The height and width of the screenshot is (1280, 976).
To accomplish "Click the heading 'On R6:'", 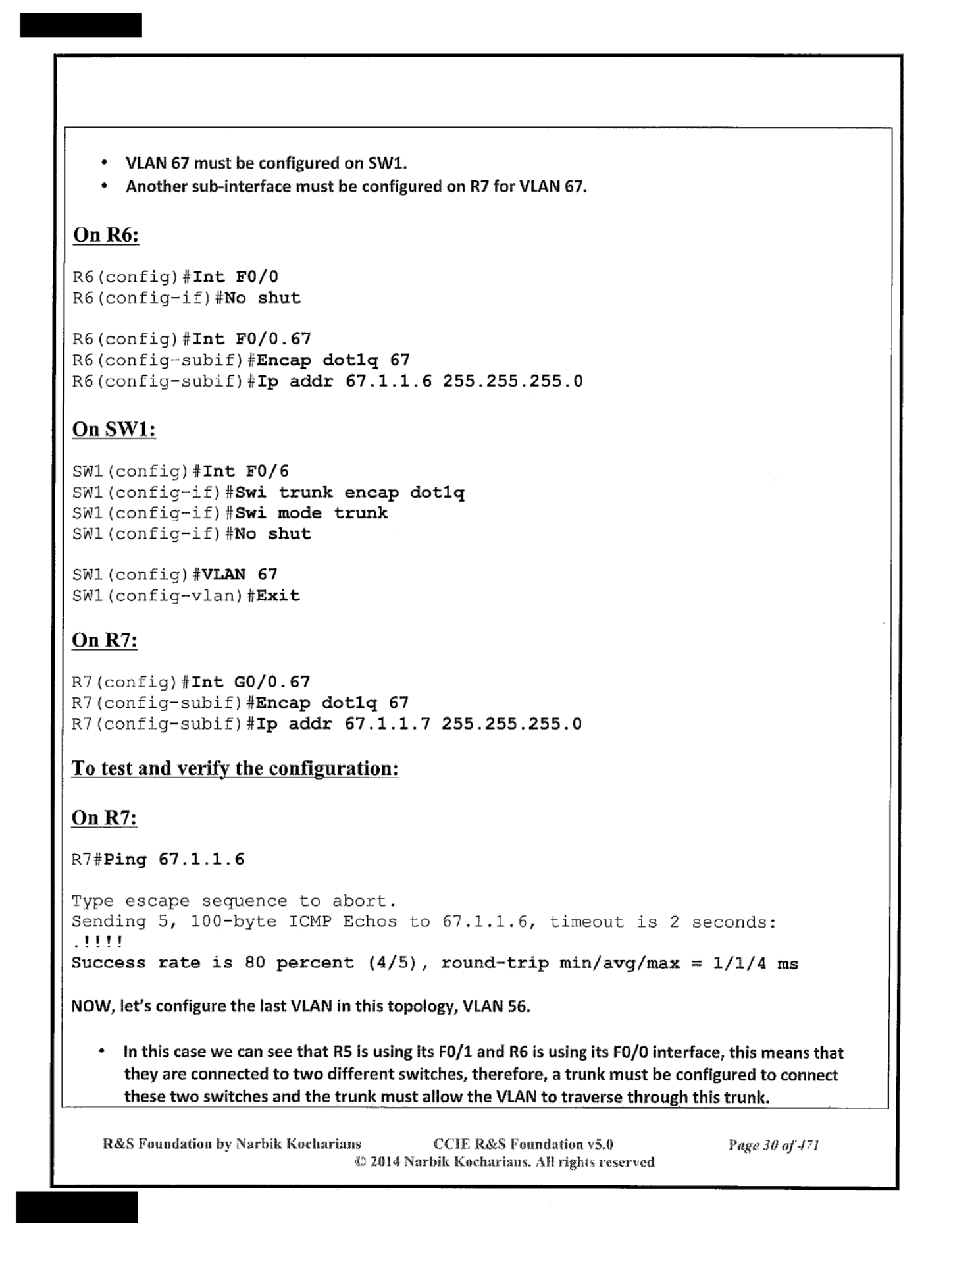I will [x=105, y=235].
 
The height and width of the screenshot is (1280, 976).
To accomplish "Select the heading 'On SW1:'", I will [x=114, y=429].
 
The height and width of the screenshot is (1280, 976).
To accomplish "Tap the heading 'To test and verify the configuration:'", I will [x=235, y=768].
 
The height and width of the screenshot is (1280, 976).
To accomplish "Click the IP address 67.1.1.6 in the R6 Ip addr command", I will [x=388, y=381].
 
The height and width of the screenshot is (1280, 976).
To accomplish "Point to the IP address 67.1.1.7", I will [x=388, y=724].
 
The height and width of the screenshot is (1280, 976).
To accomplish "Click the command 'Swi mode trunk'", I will [x=311, y=513].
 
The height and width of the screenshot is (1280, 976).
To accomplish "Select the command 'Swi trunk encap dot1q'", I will [x=349, y=493].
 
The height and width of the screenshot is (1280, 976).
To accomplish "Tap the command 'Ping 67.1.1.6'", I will [x=174, y=859].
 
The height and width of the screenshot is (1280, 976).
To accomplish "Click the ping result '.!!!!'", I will [x=97, y=942].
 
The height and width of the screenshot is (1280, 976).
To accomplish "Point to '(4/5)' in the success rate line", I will [x=392, y=963].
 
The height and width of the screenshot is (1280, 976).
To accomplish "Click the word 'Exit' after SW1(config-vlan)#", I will [x=278, y=596].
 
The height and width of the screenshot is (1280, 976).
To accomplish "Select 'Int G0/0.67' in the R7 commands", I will [x=250, y=682].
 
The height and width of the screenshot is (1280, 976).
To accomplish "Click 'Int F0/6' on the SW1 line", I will [x=245, y=471].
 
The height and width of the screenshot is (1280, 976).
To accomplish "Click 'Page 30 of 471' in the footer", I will [x=773, y=1145].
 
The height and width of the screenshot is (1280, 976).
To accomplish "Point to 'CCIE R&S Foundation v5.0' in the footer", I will [x=523, y=1144].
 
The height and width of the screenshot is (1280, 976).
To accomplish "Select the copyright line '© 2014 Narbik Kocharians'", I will [x=504, y=1162].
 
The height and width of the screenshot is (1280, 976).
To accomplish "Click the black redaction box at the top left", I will [x=80, y=24].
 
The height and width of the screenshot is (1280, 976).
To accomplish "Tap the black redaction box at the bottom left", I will [x=77, y=1207].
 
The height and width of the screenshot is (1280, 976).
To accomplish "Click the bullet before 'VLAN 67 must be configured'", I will [x=104, y=163].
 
